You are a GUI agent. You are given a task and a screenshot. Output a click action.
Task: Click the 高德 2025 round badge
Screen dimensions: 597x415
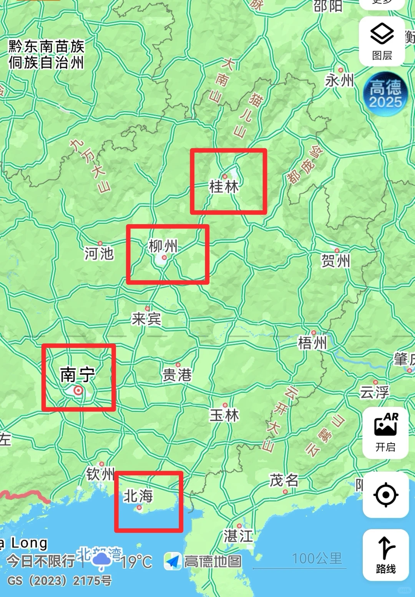coord(385,94)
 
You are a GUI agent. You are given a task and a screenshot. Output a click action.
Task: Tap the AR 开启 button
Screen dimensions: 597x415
coord(385,433)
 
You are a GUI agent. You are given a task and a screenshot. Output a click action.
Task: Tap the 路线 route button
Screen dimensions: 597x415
coord(385,555)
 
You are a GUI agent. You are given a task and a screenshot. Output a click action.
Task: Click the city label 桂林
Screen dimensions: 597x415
coord(224,187)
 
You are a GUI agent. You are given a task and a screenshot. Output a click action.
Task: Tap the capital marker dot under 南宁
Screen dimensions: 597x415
coord(78,391)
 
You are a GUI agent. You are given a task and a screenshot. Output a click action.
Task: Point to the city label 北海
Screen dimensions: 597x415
coord(138,496)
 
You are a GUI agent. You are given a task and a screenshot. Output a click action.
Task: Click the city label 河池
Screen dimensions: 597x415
coord(99,253)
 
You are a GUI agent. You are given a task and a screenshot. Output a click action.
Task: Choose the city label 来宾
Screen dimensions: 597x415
coord(146,319)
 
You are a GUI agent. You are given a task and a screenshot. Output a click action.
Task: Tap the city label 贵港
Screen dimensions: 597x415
coord(177,375)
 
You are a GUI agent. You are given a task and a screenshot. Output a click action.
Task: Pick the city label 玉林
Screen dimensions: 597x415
coord(224,415)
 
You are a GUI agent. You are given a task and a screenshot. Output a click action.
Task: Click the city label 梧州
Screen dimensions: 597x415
coord(312,342)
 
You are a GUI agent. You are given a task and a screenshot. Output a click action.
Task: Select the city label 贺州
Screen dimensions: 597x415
coord(336,261)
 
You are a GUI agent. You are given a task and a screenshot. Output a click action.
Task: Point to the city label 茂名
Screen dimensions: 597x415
coord(284,480)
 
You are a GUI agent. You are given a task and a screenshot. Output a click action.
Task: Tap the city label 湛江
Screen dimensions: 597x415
coord(238,536)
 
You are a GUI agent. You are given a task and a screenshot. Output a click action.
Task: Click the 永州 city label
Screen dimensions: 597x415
coord(339,81)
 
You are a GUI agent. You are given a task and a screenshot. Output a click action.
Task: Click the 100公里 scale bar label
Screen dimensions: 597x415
coord(317,559)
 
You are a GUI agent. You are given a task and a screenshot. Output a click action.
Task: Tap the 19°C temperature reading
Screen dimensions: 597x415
coord(136,562)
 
